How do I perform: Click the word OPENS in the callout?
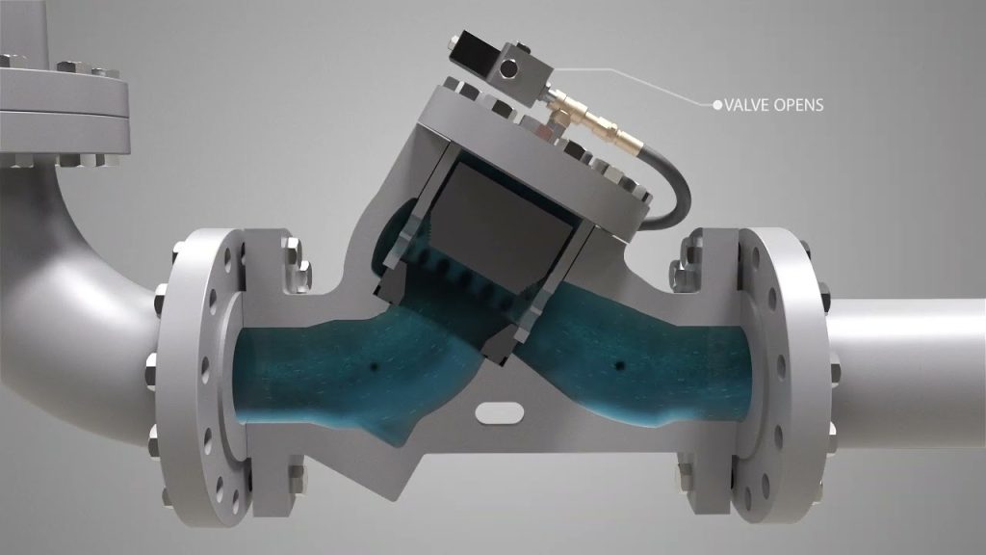tap(801, 104)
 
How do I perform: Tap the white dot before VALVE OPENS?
tap(716, 104)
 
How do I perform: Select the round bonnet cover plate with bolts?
tap(539, 145)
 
